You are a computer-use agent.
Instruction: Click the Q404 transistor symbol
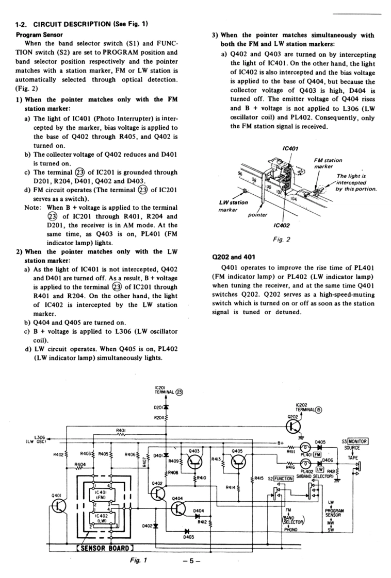tap(177, 508)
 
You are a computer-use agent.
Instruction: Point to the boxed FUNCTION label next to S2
tap(283, 478)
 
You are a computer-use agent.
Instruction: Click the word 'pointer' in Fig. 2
tap(258, 214)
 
